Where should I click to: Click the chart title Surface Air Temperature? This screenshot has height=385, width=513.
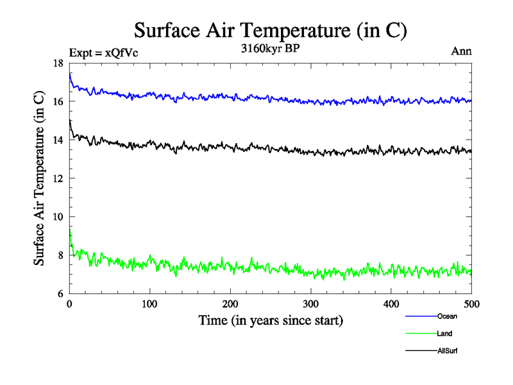270,30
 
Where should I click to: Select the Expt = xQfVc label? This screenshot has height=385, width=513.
103,53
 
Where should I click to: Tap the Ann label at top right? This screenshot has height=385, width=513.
462,52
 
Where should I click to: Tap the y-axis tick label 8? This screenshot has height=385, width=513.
60,255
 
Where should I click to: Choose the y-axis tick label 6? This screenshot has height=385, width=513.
60,294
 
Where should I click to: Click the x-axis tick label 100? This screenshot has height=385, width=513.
149,304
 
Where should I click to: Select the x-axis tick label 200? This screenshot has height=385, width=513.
230,304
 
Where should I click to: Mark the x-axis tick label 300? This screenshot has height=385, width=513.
310,304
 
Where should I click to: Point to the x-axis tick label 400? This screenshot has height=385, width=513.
391,304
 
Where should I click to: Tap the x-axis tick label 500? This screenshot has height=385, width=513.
471,304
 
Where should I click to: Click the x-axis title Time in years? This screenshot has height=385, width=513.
271,320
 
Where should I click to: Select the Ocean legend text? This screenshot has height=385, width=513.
447,316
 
